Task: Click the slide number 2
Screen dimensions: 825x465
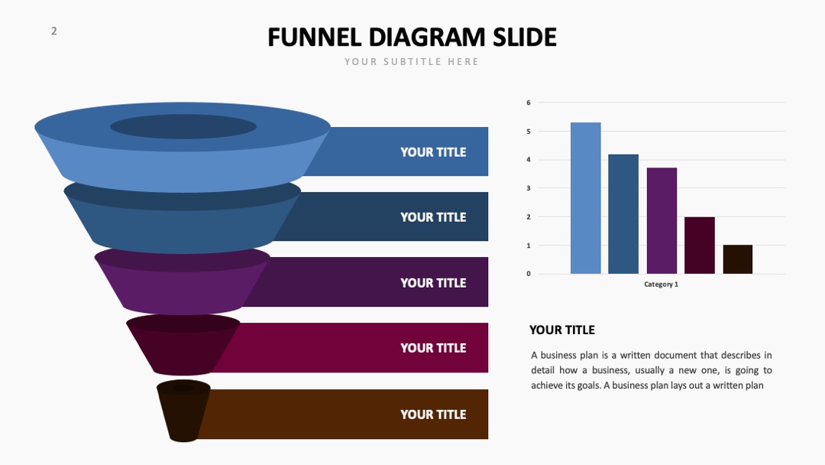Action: (53, 31)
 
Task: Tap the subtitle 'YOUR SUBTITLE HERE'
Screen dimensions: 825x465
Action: (412, 62)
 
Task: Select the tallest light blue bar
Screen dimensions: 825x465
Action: (586, 198)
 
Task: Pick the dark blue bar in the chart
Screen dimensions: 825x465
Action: (623, 214)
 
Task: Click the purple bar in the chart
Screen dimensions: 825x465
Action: (662, 221)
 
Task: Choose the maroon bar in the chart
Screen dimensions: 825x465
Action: (700, 246)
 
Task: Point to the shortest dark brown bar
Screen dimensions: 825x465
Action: (738, 259)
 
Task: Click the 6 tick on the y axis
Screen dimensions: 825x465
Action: (529, 102)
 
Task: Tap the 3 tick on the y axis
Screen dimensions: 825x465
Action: (529, 188)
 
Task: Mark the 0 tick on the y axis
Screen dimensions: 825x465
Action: (529, 274)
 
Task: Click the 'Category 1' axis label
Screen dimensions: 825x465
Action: (662, 285)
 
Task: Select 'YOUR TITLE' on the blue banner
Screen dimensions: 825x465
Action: (433, 152)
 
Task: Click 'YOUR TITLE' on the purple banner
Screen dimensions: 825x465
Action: (433, 283)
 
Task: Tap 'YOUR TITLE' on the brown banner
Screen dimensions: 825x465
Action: (433, 415)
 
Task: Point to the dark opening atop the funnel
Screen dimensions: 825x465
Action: (183, 127)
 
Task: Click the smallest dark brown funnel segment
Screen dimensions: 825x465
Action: (183, 411)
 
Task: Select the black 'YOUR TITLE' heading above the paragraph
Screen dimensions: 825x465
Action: (562, 330)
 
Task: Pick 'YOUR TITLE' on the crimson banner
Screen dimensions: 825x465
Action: (433, 348)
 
